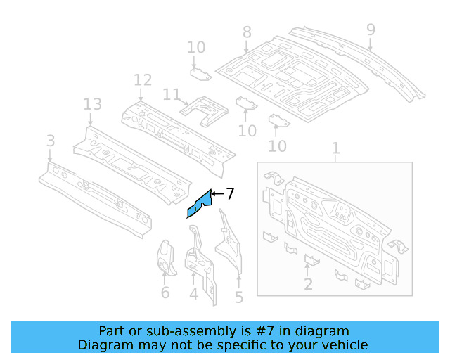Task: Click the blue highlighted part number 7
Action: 200,205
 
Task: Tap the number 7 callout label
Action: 230,193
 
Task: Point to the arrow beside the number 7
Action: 217,193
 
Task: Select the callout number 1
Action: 335,148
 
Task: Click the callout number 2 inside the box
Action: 308,283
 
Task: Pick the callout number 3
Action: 50,141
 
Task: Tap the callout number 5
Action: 239,297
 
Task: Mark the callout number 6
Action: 165,292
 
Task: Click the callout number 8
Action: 246,32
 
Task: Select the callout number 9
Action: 371,30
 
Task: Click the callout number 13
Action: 93,105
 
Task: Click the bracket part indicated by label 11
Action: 205,108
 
